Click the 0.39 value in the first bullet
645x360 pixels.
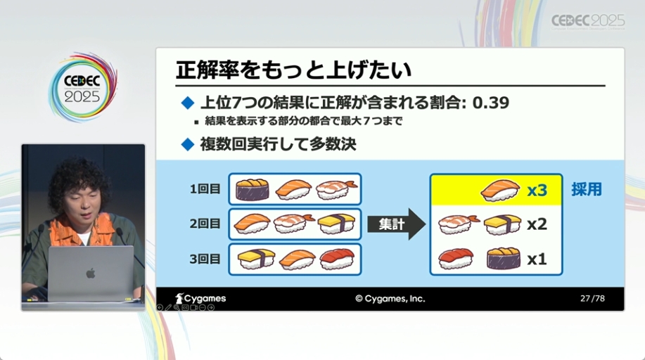point(491,103)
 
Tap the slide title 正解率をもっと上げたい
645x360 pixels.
point(293,70)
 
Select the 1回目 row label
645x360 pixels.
point(205,189)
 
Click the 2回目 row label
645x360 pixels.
point(205,224)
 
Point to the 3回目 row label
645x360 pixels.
point(205,259)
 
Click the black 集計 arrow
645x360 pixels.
point(396,224)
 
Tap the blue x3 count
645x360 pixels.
point(537,190)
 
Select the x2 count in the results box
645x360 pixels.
point(537,224)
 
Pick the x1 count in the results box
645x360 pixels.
point(537,259)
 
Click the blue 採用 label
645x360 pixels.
point(586,189)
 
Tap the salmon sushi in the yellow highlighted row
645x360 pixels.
point(500,191)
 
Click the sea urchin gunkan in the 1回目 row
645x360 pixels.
point(252,189)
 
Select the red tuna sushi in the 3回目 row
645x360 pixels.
point(338,259)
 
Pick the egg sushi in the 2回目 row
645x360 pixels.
point(336,224)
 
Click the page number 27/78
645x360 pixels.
point(592,299)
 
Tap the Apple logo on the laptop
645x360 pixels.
point(91,274)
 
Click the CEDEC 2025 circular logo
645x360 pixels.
point(83,87)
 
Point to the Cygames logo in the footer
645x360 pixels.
point(200,299)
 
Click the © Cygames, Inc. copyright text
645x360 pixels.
point(390,299)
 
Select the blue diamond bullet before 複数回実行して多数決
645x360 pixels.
point(188,144)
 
